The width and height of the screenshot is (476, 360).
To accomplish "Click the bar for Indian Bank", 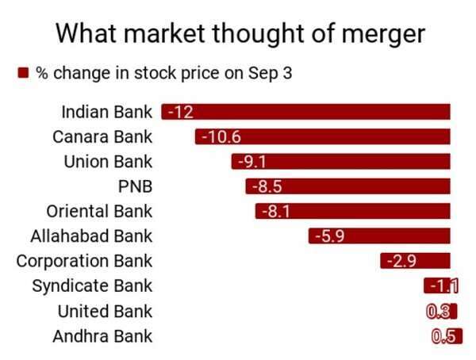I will point(305,112).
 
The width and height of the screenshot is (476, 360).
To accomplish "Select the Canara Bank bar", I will point(323,136).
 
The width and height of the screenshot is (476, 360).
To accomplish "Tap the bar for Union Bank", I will point(341,162).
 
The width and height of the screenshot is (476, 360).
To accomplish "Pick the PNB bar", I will point(347,186).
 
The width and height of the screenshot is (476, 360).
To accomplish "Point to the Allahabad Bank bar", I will point(379,236).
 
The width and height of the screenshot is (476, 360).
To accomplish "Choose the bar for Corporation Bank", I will point(415,261).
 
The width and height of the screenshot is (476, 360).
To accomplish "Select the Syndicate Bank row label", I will point(92,286).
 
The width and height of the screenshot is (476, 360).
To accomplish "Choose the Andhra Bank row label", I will point(102,336).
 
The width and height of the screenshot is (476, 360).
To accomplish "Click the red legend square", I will point(23,73).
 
